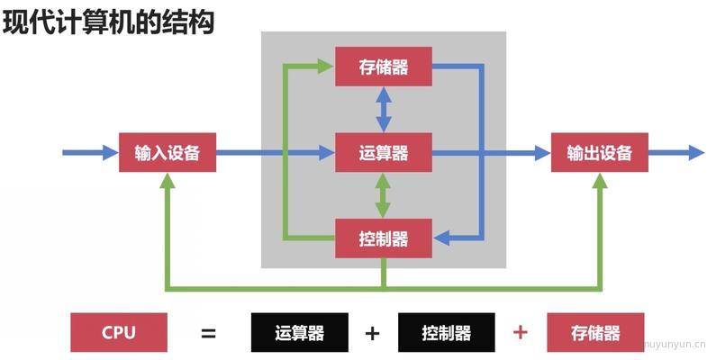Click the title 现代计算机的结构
pyautogui.click(x=108, y=22)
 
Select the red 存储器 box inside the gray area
pyautogui.click(x=384, y=67)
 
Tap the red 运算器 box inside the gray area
pyautogui.click(x=384, y=152)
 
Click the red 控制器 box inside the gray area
pyautogui.click(x=384, y=238)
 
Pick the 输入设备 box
pyautogui.click(x=168, y=152)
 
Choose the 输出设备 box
pyautogui.click(x=600, y=152)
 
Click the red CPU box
pyautogui.click(x=119, y=332)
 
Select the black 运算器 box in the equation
pyautogui.click(x=300, y=332)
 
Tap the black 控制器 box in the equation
pyautogui.click(x=446, y=332)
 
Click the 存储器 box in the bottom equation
pyautogui.click(x=595, y=332)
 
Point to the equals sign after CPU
pyautogui.click(x=208, y=334)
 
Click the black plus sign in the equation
pyautogui.click(x=373, y=334)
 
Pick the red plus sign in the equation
pyautogui.click(x=521, y=332)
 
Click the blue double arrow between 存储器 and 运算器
pyautogui.click(x=384, y=110)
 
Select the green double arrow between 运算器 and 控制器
pyautogui.click(x=383, y=195)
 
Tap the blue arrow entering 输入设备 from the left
pyautogui.click(x=90, y=152)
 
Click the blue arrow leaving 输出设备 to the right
pyautogui.click(x=676, y=152)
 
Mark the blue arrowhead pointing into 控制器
pyautogui.click(x=441, y=238)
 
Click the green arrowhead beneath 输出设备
pyautogui.click(x=600, y=181)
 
